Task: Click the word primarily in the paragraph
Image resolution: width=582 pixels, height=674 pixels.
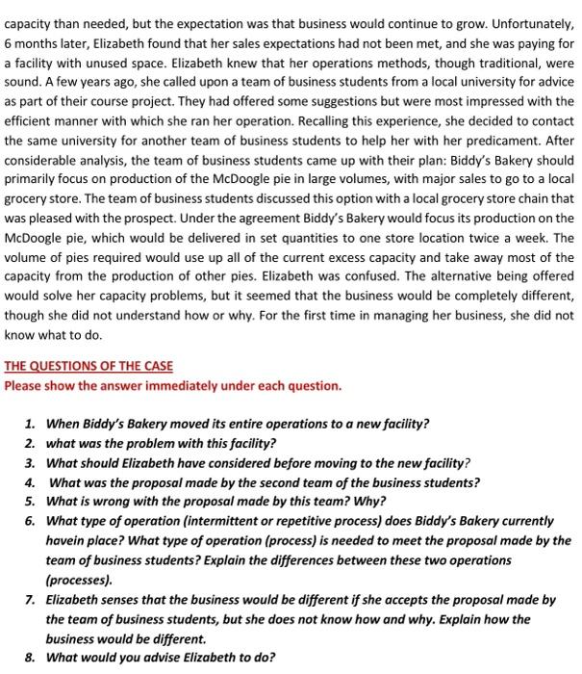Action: point(32,184)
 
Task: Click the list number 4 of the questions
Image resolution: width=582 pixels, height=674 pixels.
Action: point(31,482)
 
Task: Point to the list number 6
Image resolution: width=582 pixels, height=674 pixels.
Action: point(31,521)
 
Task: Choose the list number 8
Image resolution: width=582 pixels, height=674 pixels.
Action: point(31,658)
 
